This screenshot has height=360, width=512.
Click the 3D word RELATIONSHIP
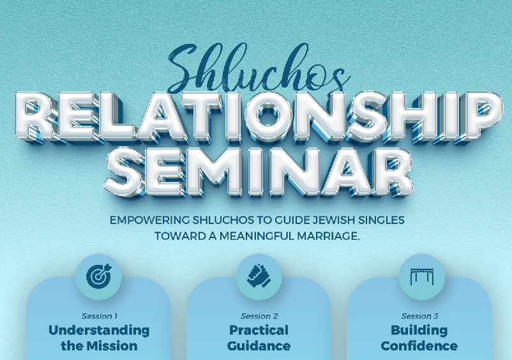[x=258, y=118]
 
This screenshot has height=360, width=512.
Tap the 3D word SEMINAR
[x=259, y=172]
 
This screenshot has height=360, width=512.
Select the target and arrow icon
[x=99, y=276]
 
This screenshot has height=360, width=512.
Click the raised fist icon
[x=259, y=276]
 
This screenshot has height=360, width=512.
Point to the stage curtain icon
[x=421, y=276]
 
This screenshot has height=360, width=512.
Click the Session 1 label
[x=99, y=316]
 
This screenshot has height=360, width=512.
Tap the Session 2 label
[x=259, y=316]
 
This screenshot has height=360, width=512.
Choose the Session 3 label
[x=419, y=316]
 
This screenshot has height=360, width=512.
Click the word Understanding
[x=99, y=330]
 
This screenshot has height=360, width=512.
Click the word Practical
[x=259, y=330]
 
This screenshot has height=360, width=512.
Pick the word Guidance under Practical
[x=259, y=346]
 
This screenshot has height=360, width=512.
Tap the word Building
[x=419, y=330]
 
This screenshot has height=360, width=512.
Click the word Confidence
[x=419, y=346]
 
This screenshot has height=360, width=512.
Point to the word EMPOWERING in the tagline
[x=149, y=220]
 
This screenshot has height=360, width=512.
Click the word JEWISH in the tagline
[x=333, y=220]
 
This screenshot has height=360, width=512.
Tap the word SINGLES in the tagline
[x=381, y=220]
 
